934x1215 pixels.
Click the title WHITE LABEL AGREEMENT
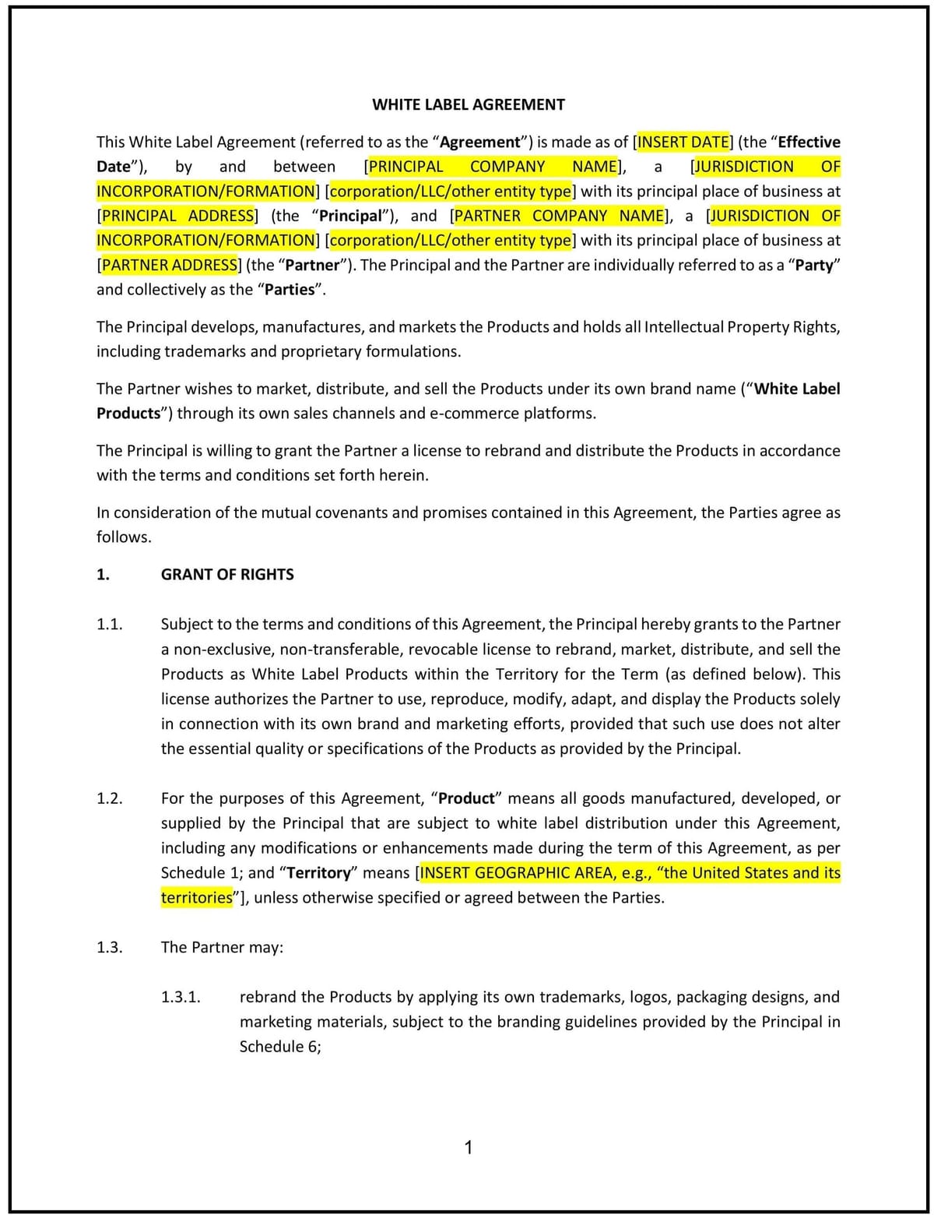tap(468, 104)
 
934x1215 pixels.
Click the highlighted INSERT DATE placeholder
tap(683, 142)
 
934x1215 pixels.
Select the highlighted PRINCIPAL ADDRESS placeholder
tap(177, 216)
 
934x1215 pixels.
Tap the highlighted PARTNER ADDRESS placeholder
tap(170, 265)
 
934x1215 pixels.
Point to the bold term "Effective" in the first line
tap(809, 142)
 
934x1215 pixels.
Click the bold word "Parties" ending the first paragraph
tap(290, 290)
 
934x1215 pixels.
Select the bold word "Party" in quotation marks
tap(813, 265)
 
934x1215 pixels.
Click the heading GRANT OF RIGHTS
tap(227, 575)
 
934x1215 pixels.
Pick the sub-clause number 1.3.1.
tap(181, 997)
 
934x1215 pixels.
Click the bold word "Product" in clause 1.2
tap(466, 798)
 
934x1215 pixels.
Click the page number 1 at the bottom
tap(468, 1147)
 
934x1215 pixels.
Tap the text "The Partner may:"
tap(222, 947)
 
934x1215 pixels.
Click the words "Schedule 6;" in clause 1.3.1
tap(280, 1047)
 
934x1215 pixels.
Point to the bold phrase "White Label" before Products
tap(797, 389)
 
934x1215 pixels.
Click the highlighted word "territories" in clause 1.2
tap(196, 898)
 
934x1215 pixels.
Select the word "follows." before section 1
tap(124, 537)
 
